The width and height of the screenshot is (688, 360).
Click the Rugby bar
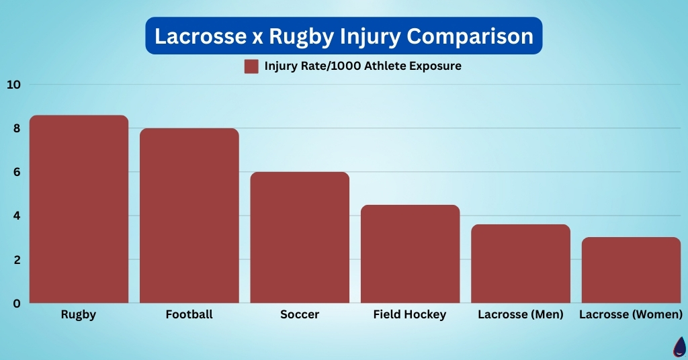[x=79, y=210]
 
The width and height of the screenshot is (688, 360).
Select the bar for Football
[x=189, y=216]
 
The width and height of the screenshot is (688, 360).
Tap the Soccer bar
[x=300, y=238]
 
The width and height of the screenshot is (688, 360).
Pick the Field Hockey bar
[x=410, y=254]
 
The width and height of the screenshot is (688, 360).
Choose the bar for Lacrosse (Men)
[x=521, y=264]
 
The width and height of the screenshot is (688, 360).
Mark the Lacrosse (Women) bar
[x=631, y=270]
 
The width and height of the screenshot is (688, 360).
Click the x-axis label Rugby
[x=79, y=314]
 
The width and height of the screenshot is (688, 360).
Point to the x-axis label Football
[x=189, y=314]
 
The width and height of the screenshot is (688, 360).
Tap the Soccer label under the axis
[x=300, y=314]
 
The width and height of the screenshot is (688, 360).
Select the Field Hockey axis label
[x=410, y=314]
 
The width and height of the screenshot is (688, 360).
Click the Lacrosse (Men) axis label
[x=521, y=314]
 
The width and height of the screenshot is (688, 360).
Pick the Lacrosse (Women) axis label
[x=631, y=314]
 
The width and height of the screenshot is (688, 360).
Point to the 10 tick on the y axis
[x=14, y=85]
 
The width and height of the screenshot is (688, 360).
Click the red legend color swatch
[x=251, y=66]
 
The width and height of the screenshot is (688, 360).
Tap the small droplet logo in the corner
[x=679, y=348]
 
